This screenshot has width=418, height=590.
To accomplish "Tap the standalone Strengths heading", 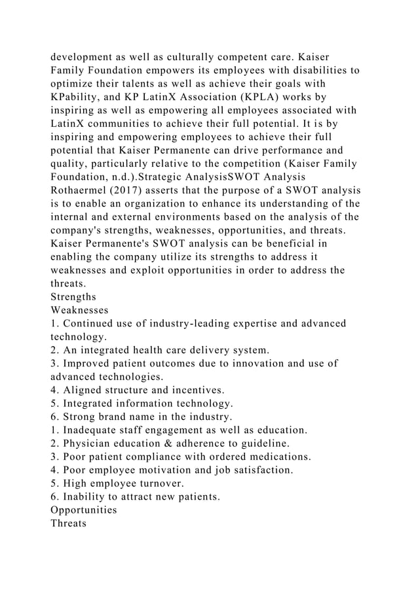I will (73, 296).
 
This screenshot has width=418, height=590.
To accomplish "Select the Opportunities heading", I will (84, 509).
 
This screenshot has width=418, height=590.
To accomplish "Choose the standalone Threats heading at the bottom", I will (68, 523).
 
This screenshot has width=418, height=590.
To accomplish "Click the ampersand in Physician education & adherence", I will (173, 443).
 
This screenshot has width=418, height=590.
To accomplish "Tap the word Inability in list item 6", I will (84, 497).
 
